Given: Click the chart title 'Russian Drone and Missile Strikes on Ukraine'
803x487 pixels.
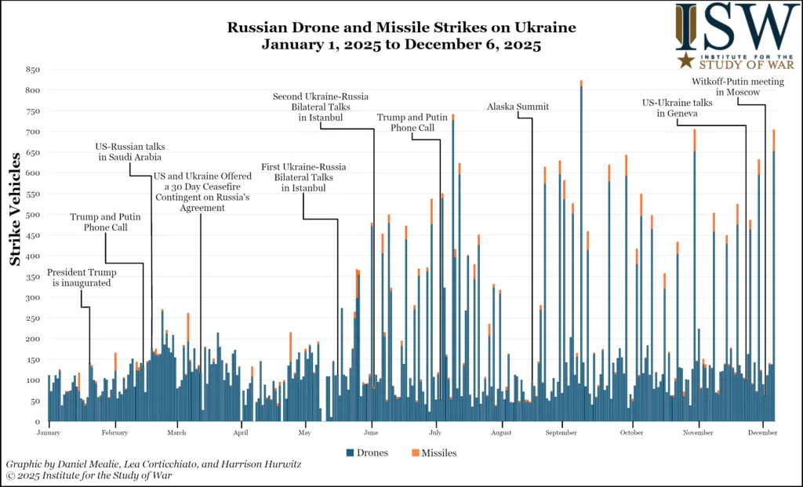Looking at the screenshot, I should point(401,27).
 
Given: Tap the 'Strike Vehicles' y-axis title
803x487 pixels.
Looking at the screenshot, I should point(16,209).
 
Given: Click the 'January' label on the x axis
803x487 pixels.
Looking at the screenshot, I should point(49,432).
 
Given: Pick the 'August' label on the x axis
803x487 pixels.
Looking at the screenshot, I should point(501,432).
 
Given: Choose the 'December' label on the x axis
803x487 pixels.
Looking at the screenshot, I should point(761,432).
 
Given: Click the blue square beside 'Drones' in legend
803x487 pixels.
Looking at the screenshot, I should point(350,452).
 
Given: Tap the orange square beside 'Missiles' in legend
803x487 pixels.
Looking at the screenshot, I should point(415,452).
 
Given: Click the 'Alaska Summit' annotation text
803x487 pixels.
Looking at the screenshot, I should point(518,107).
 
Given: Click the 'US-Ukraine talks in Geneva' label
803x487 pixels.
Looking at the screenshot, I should point(678,107).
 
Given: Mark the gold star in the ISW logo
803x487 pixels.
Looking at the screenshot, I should point(685,60).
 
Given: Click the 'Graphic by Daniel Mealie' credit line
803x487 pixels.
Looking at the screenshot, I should point(153,464).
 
